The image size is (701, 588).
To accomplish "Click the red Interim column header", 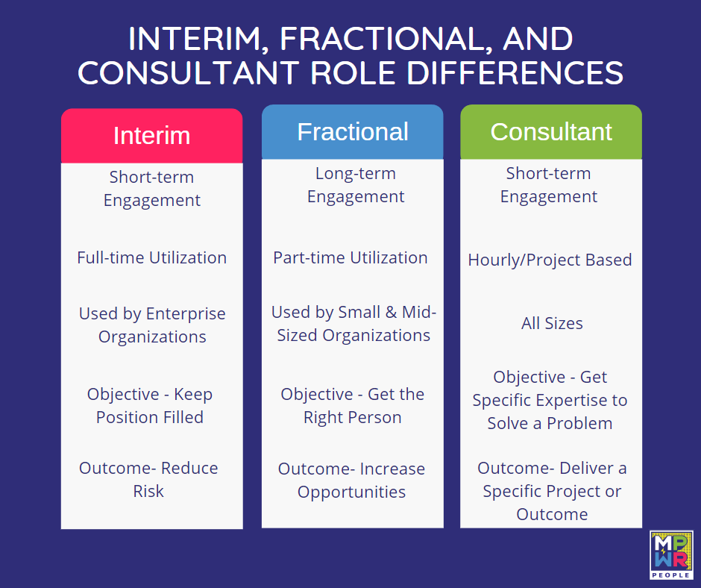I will (x=151, y=136).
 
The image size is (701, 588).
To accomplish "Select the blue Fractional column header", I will (x=352, y=132).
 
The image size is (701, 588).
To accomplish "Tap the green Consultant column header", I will (x=550, y=132).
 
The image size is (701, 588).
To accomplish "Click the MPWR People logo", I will (x=671, y=555).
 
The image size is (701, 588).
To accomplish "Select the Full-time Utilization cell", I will (x=151, y=257).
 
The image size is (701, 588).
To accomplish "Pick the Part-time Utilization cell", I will (x=350, y=257).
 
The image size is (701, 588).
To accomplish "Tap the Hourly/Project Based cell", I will (x=550, y=260).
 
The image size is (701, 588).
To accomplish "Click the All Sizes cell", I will (x=552, y=323).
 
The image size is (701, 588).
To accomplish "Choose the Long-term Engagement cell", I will (x=356, y=185).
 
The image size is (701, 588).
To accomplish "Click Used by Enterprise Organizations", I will (x=152, y=325).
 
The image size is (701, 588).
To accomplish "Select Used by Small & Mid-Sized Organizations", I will (x=353, y=324).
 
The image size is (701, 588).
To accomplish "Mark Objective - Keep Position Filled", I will (x=150, y=406).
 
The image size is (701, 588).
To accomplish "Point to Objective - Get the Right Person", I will (x=353, y=406).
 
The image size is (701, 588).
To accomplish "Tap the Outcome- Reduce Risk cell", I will (x=148, y=480).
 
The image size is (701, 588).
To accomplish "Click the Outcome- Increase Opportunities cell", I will (x=351, y=481).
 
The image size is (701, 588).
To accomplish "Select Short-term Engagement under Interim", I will (x=151, y=189).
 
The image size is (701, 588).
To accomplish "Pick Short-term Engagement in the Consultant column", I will (x=549, y=185).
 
